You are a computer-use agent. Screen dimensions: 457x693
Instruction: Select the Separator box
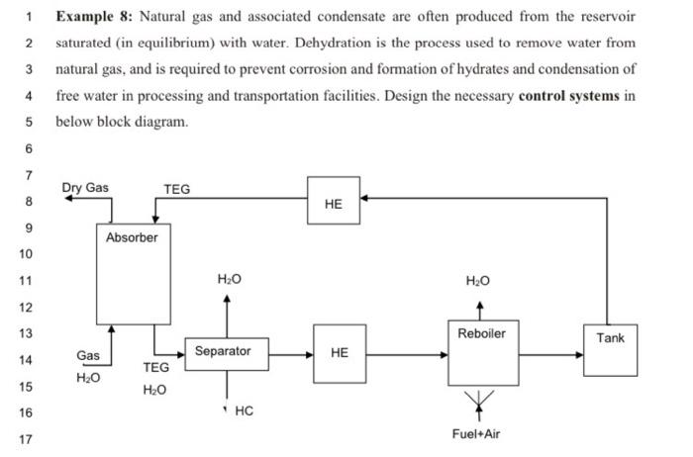[x=223, y=352]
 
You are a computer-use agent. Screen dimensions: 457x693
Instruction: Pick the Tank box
[x=610, y=349]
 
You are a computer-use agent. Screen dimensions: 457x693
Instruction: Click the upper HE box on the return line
[x=333, y=203]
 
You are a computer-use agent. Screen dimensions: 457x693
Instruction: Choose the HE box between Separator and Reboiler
[x=339, y=352]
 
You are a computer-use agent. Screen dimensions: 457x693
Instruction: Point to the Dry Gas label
[x=85, y=188]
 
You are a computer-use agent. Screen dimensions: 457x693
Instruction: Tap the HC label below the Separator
[x=244, y=411]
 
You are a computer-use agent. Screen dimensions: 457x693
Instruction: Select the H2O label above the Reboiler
[x=480, y=282]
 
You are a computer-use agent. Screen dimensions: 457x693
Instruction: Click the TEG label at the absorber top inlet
[x=176, y=189]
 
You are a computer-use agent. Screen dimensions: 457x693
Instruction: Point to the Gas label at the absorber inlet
[x=87, y=355]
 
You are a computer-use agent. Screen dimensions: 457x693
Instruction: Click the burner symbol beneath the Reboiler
[x=481, y=400]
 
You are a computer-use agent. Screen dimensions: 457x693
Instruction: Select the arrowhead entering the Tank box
[x=579, y=351]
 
